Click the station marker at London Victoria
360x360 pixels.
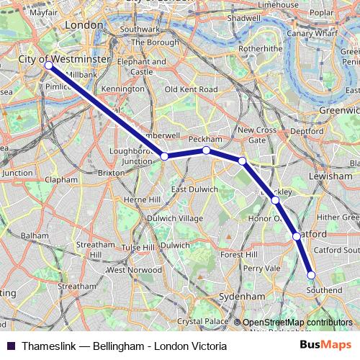pyautogui.click(x=48, y=66)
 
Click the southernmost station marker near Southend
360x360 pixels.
pyautogui.click(x=312, y=274)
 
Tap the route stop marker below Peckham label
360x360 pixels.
pyautogui.click(x=206, y=150)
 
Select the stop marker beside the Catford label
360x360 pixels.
pyautogui.click(x=297, y=235)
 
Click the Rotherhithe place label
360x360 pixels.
pyautogui.click(x=242, y=49)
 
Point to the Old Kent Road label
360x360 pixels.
pyautogui.click(x=191, y=89)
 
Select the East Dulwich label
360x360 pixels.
pyautogui.click(x=194, y=189)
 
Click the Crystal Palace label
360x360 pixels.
pyautogui.click(x=197, y=321)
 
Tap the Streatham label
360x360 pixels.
pyautogui.click(x=77, y=286)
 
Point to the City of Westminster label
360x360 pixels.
pyautogui.click(x=64, y=57)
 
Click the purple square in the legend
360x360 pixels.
pyautogui.click(x=11, y=346)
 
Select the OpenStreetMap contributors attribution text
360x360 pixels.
pyautogui.click(x=297, y=322)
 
